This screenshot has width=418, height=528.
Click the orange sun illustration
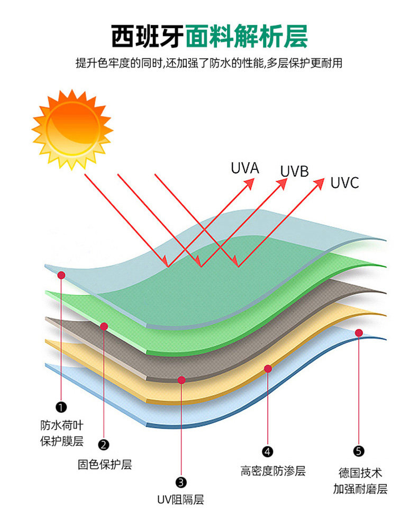pos(72,129)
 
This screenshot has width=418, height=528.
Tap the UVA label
pos(244,168)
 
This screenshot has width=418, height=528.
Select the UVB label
pos(294,171)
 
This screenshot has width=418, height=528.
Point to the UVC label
pos(344,183)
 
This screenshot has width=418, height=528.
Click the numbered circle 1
pos(61,407)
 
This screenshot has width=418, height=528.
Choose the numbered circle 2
pos(104,444)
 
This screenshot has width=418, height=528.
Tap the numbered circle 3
pos(181,481)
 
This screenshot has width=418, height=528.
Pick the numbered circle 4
pos(268,451)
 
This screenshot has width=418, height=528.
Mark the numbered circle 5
pos(359,451)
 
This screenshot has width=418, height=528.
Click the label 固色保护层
pos(104,465)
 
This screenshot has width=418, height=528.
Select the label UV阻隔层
pos(180,500)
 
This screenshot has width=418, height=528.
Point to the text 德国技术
pos(360,472)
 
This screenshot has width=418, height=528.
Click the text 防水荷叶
pos(62,425)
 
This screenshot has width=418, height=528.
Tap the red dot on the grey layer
pos(181,379)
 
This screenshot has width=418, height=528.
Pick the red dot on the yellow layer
pos(268,368)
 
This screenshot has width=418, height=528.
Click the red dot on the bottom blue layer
pos(359,333)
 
